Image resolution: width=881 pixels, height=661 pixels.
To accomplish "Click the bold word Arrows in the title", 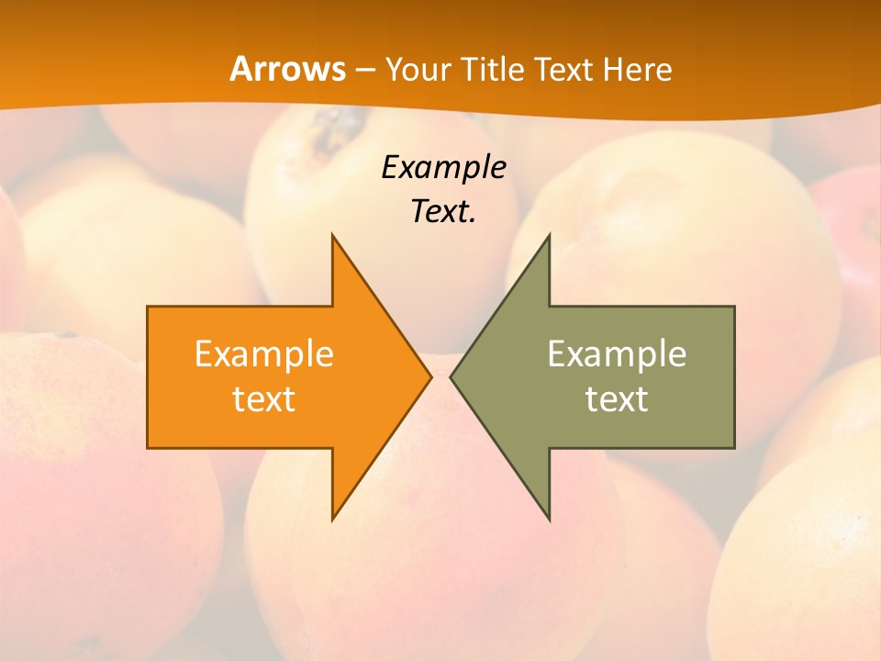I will [288, 69].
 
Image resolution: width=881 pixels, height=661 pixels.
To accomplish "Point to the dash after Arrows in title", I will [364, 71].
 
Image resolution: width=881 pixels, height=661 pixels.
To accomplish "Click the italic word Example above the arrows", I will [443, 168].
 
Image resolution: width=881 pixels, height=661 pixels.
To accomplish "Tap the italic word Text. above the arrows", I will [443, 211].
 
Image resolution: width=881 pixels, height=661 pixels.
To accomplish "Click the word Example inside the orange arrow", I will [264, 354].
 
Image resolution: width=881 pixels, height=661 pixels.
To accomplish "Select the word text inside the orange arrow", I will [264, 399].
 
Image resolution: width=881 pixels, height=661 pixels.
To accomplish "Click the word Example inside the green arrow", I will [617, 354].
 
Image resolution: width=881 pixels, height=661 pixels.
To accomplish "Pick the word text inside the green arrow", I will [617, 399].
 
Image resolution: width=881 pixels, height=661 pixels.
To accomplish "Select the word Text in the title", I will [564, 70].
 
